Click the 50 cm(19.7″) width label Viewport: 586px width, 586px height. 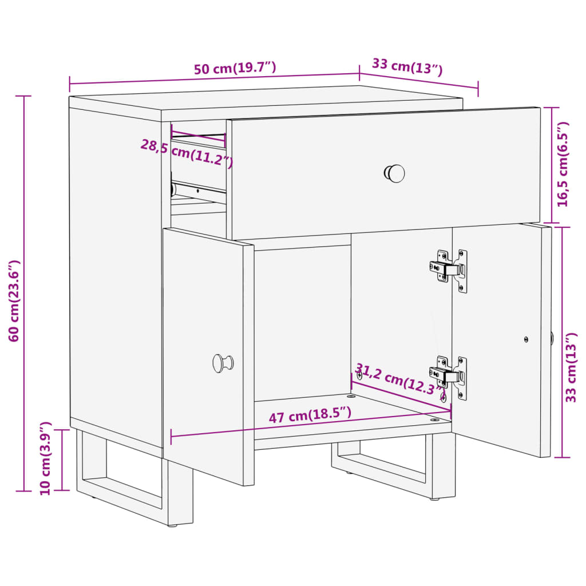(x=235, y=68)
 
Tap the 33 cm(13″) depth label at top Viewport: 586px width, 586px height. (x=407, y=67)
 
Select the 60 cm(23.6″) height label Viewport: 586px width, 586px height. (x=14, y=301)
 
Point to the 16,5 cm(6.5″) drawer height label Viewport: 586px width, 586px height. (x=563, y=164)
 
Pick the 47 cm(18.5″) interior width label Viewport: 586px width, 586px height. (x=310, y=415)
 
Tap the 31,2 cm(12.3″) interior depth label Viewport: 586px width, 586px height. (x=398, y=379)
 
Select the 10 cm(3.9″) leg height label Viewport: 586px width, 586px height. (x=46, y=458)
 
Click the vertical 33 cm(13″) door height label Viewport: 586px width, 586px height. (x=571, y=367)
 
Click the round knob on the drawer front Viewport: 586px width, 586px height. (x=394, y=174)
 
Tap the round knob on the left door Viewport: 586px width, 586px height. (x=223, y=363)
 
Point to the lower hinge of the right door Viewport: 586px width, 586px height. (x=449, y=376)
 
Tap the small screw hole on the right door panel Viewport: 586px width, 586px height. (x=526, y=339)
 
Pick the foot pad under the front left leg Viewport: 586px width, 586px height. (x=172, y=525)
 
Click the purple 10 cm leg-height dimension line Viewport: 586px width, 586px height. (x=62, y=460)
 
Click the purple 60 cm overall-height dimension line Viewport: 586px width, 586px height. (x=24, y=294)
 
